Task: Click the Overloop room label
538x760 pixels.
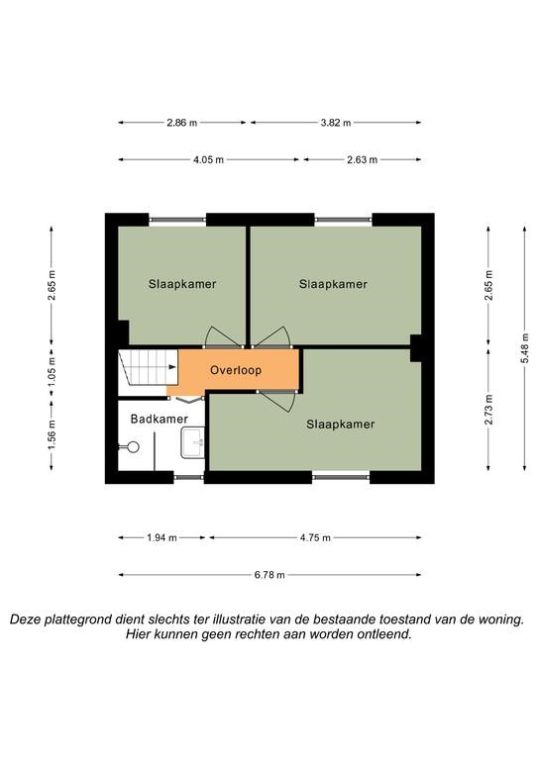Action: [236, 370]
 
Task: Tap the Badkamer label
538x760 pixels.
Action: [160, 419]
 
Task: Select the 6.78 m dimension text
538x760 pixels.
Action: [269, 575]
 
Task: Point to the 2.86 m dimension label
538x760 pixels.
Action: [182, 123]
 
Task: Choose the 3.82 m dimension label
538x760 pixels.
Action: [336, 123]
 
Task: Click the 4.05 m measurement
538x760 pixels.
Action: [209, 160]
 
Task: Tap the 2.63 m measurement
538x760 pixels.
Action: [362, 160]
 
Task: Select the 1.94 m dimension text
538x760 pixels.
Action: [162, 537]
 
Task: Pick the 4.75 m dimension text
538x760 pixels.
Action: [315, 537]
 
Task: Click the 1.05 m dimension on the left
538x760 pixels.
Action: [52, 372]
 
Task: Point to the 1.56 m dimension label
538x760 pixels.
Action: [52, 434]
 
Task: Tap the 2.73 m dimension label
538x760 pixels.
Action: [489, 410]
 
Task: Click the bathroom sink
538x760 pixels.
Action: [192, 442]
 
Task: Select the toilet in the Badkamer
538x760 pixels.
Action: [130, 447]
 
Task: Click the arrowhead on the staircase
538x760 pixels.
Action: [172, 367]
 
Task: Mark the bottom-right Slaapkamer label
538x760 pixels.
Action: [341, 425]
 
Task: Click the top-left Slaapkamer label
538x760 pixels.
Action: [182, 284]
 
